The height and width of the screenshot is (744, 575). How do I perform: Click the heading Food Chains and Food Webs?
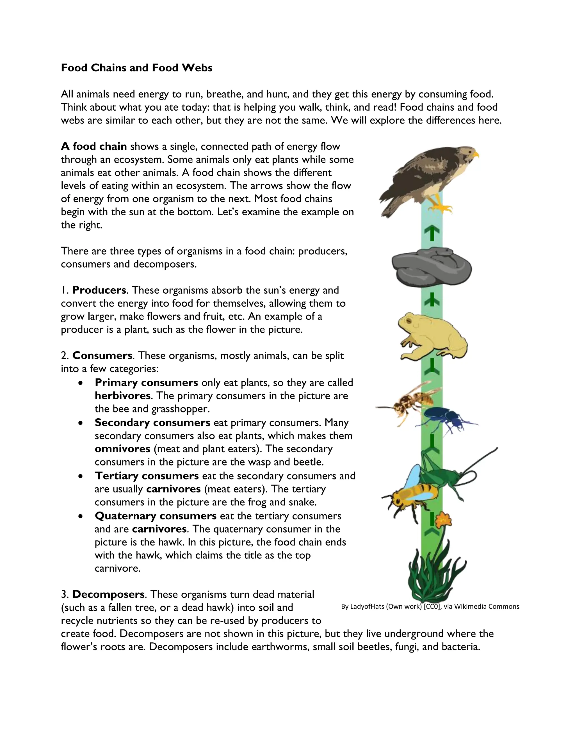[137, 68]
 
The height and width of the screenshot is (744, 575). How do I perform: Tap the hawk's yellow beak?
[476, 155]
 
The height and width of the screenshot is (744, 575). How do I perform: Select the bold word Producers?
[99, 290]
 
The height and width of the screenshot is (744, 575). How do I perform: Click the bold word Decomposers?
[108, 594]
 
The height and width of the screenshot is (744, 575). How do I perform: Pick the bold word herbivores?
[123, 396]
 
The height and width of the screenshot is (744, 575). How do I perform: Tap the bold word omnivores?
[122, 449]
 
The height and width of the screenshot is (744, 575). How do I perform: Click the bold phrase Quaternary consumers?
[155, 516]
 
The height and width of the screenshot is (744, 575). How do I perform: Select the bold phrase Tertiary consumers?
[147, 476]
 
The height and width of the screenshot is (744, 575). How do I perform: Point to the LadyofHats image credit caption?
[430, 606]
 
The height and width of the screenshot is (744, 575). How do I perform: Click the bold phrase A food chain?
[94, 147]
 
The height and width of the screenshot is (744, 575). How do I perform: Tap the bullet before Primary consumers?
[80, 383]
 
